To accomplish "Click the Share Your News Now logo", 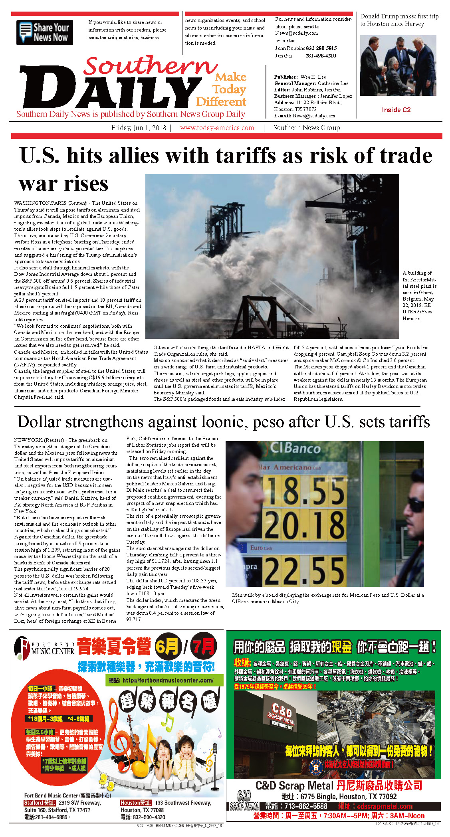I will tap(44, 32).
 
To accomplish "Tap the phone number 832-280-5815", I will tap(321, 48).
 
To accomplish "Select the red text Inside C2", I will tap(396, 110).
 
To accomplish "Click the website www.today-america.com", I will tap(217, 128).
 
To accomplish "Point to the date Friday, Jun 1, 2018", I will tap(139, 128).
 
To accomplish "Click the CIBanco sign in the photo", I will tap(295, 449).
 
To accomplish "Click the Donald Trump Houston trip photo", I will tap(398, 65).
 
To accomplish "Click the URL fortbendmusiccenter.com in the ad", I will tap(168, 680).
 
